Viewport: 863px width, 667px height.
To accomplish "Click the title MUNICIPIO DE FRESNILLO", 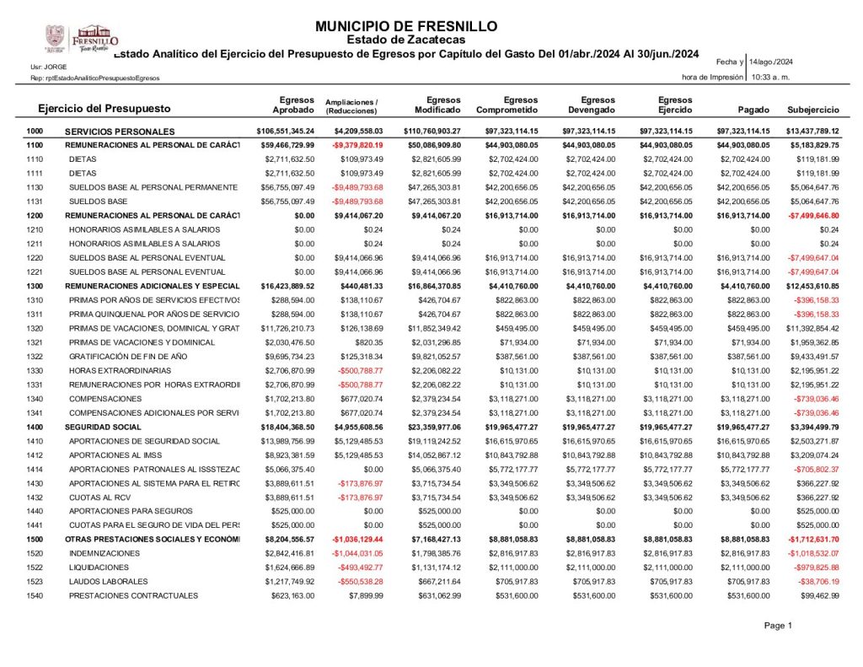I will click(406, 26).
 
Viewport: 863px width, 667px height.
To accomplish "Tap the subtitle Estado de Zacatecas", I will click(406, 40).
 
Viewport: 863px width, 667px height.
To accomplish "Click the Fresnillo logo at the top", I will click(82, 38).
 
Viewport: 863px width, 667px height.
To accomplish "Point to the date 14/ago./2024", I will click(770, 62).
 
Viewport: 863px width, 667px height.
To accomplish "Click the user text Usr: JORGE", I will click(49, 66).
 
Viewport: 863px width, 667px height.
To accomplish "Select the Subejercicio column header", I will click(812, 110).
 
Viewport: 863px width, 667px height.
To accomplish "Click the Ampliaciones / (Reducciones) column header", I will click(351, 105).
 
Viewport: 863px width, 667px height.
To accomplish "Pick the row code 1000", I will click(35, 132).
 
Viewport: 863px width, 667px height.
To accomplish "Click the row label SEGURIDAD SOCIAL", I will click(105, 428).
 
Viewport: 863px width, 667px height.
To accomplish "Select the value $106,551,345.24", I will click(285, 132).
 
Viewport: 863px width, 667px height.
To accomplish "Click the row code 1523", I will click(35, 582).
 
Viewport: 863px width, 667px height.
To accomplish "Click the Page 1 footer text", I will click(778, 626).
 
